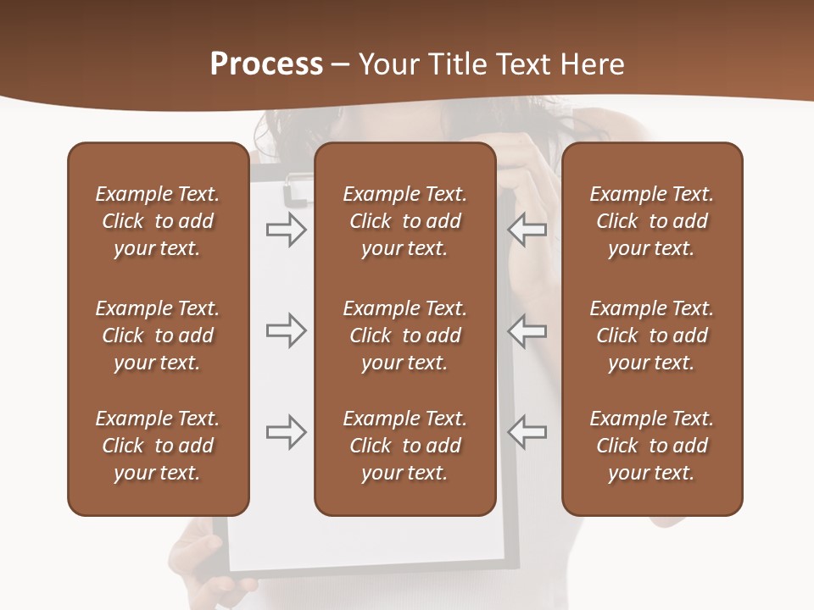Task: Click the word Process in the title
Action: pyautogui.click(x=266, y=64)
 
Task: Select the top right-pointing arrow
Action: pyautogui.click(x=286, y=230)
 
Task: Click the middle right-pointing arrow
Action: pyautogui.click(x=286, y=330)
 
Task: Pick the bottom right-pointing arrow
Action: pyautogui.click(x=286, y=432)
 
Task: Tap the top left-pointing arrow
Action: pyautogui.click(x=527, y=230)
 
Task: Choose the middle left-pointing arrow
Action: pyautogui.click(x=527, y=330)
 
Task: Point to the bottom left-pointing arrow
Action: pyautogui.click(x=527, y=432)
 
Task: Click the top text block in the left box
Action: pyautogui.click(x=158, y=221)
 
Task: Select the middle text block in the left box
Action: pyautogui.click(x=158, y=335)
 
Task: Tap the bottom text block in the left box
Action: pyautogui.click(x=158, y=446)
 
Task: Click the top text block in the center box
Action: pyautogui.click(x=404, y=221)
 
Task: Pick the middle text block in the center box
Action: pyautogui.click(x=404, y=335)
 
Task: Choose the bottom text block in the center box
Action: pyautogui.click(x=404, y=446)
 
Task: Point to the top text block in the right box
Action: pyautogui.click(x=652, y=221)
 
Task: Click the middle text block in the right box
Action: pyautogui.click(x=652, y=335)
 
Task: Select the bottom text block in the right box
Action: pyautogui.click(x=652, y=446)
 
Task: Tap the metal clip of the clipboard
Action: pyautogui.click(x=296, y=190)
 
